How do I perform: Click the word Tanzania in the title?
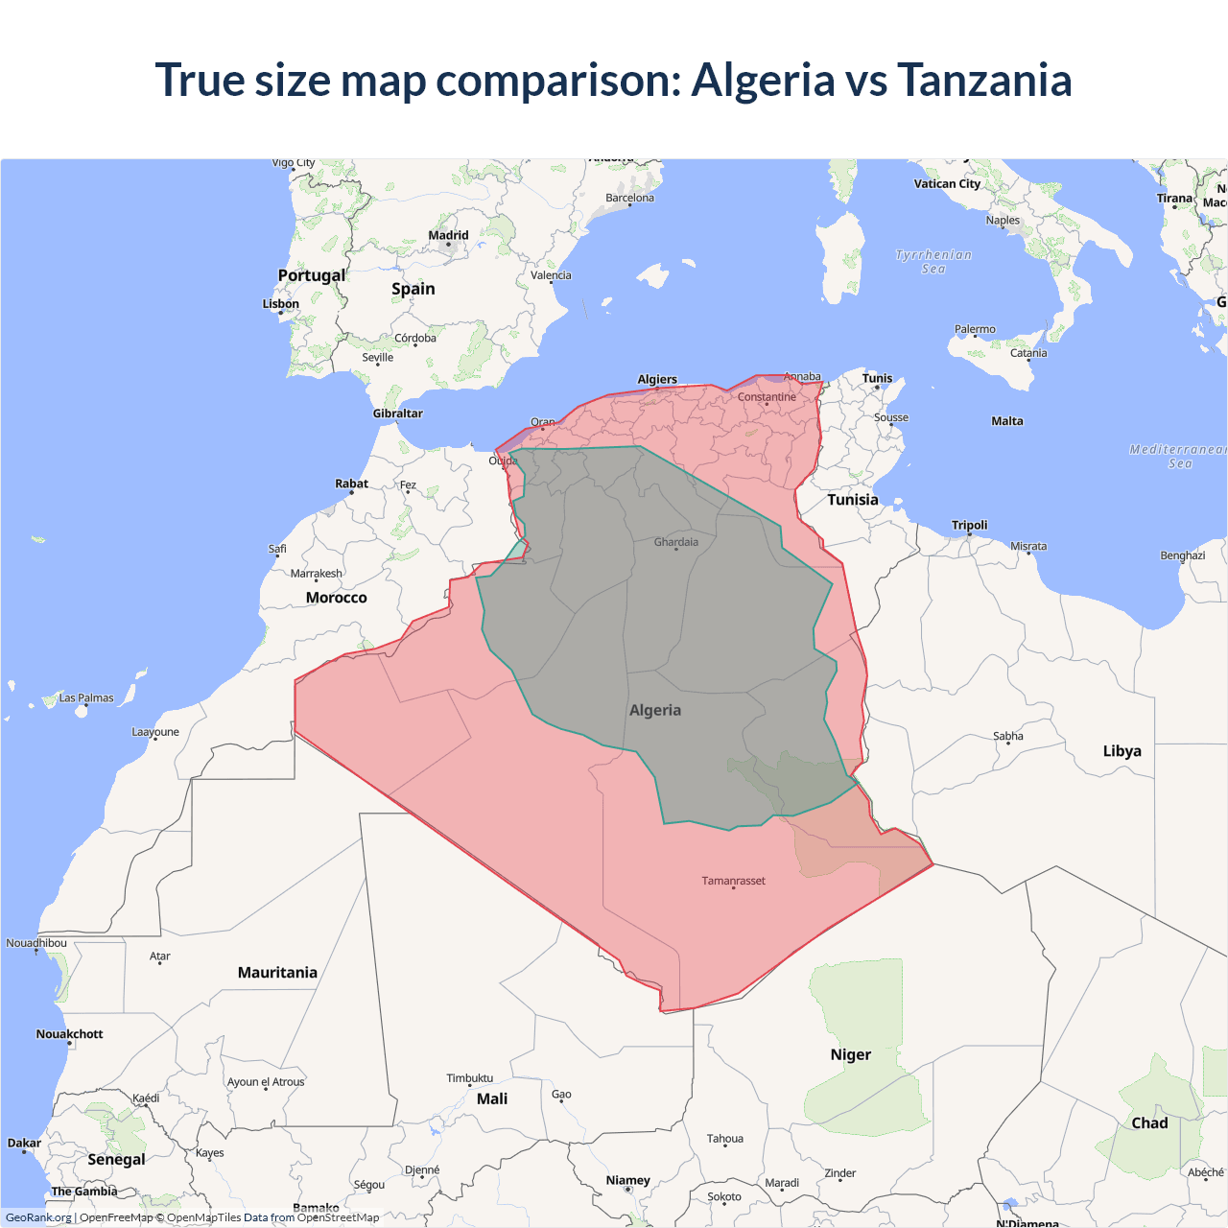[x=983, y=80]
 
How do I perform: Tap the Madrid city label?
[x=448, y=235]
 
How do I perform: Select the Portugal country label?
[x=311, y=275]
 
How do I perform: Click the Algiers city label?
[x=657, y=379]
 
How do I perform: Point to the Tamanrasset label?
[x=733, y=881]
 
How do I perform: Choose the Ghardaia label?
[x=675, y=542]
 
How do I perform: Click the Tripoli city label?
[x=969, y=525]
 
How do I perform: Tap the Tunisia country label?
[x=852, y=500]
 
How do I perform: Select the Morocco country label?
[x=336, y=598]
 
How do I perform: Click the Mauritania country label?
[x=277, y=973]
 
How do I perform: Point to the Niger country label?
[x=850, y=1054]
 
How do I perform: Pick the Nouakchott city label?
[x=69, y=1034]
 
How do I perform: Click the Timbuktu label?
[x=469, y=1078]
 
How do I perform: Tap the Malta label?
[x=1006, y=421]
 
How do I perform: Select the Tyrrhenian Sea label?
[x=933, y=262]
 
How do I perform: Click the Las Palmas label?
[x=86, y=698]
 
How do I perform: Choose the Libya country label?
[x=1122, y=751]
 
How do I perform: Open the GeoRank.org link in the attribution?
[x=38, y=1217]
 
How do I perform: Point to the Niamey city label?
[x=627, y=1180]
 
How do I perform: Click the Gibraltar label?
[x=397, y=413]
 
